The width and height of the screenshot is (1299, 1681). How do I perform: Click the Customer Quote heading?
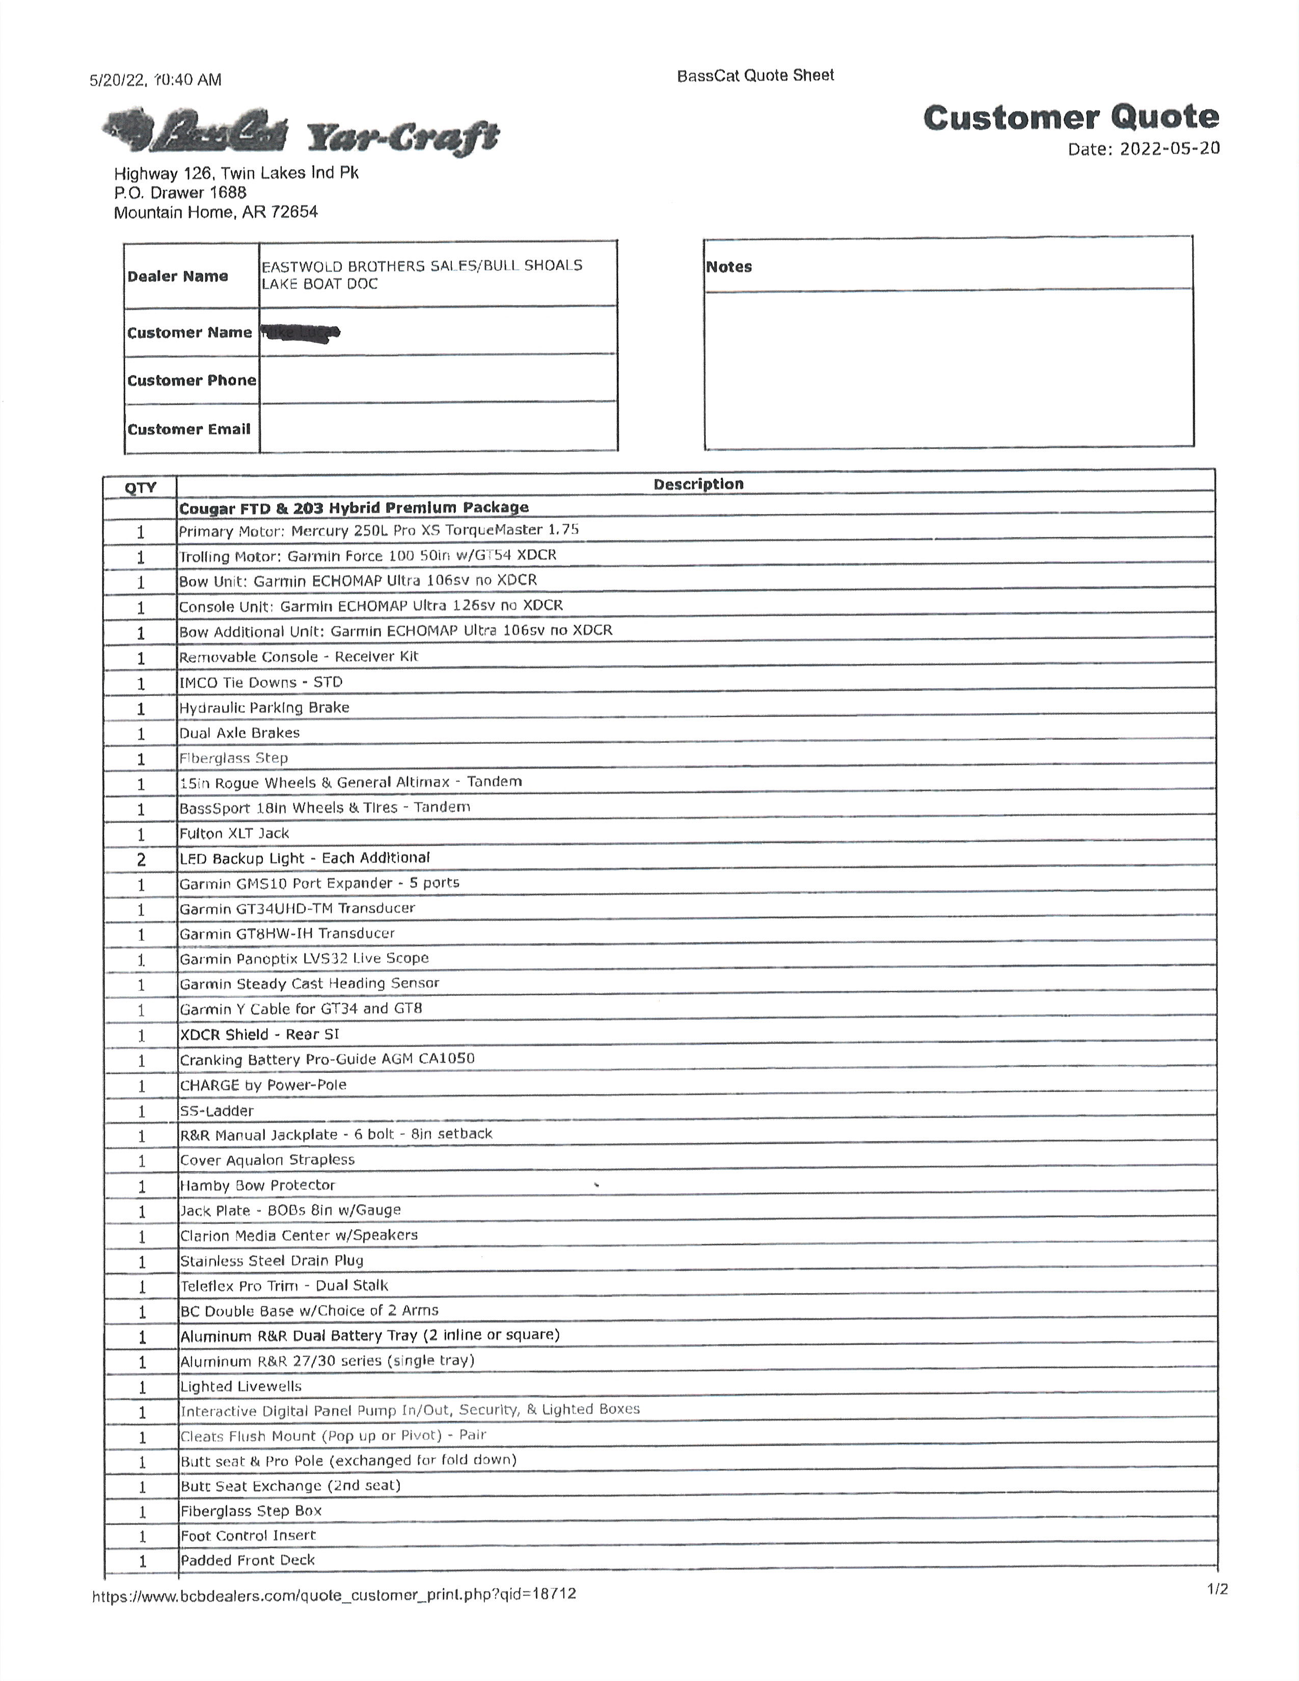[1070, 118]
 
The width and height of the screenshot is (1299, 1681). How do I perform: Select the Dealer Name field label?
[178, 276]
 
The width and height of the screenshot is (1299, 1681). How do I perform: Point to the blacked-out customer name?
[300, 333]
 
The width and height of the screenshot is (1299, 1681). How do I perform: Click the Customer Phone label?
[192, 380]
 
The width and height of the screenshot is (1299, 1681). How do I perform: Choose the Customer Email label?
[188, 429]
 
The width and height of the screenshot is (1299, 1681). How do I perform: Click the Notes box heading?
[729, 267]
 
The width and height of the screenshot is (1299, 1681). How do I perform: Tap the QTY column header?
[140, 487]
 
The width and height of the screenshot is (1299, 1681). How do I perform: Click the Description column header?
[698, 484]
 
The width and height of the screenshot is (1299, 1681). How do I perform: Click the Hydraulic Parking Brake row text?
[264, 708]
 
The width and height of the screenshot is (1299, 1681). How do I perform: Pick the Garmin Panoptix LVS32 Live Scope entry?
[304, 958]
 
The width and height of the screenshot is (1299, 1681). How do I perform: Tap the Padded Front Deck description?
[247, 1560]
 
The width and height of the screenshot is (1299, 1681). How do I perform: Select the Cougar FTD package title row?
[354, 507]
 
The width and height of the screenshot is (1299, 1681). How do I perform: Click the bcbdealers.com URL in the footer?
[334, 1594]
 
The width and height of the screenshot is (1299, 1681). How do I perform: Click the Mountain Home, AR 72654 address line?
[215, 212]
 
